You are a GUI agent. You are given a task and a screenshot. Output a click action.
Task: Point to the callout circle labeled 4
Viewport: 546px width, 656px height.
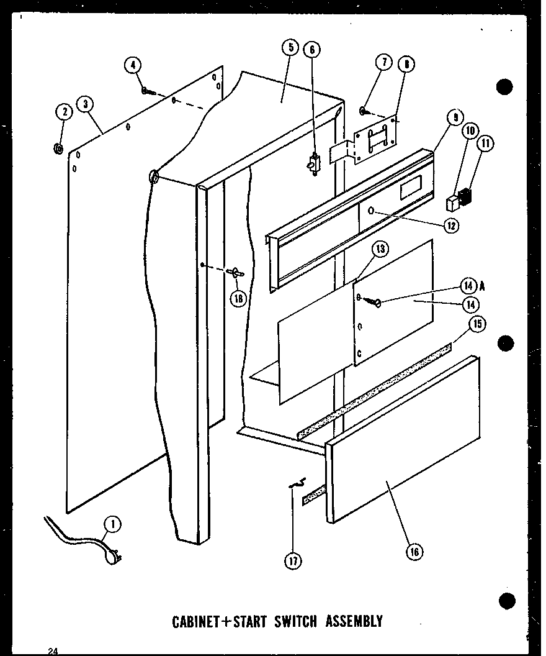[132, 65]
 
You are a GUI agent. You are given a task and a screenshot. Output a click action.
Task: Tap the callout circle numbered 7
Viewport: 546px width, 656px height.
[384, 63]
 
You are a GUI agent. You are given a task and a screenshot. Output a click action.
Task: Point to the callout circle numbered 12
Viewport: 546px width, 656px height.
[450, 225]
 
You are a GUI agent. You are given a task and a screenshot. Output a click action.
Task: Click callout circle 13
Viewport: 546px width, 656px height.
[380, 250]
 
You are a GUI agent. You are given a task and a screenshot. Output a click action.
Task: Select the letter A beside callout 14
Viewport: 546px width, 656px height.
[482, 286]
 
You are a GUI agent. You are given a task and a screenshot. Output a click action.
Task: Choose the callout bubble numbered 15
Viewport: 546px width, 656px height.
[477, 324]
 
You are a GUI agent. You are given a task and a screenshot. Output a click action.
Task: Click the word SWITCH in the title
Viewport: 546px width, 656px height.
[292, 620]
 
